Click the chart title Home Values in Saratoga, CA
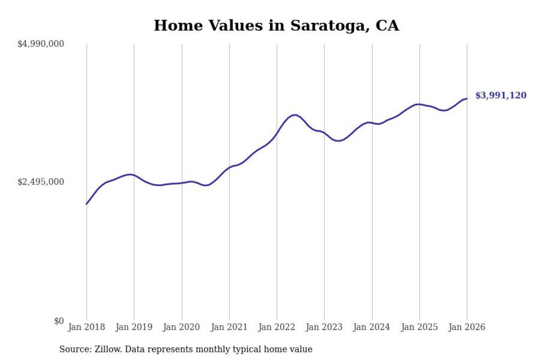pos(276,25)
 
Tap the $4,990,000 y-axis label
pos(40,44)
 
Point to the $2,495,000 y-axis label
pos(40,182)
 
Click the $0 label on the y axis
pos(59,321)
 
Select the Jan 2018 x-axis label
pos(86,328)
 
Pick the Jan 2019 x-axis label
pos(134,328)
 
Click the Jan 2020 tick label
pos(182,328)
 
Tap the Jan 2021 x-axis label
pos(229,328)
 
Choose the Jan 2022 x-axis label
pos(277,328)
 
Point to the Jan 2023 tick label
pos(324,328)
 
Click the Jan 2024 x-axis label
pos(372,328)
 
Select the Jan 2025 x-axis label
pos(420,328)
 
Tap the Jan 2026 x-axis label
pos(467,328)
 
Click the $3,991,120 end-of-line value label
pos(501,96)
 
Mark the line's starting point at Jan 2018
pos(86,204)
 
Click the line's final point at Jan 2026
pos(467,99)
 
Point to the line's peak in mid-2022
pos(294,115)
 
